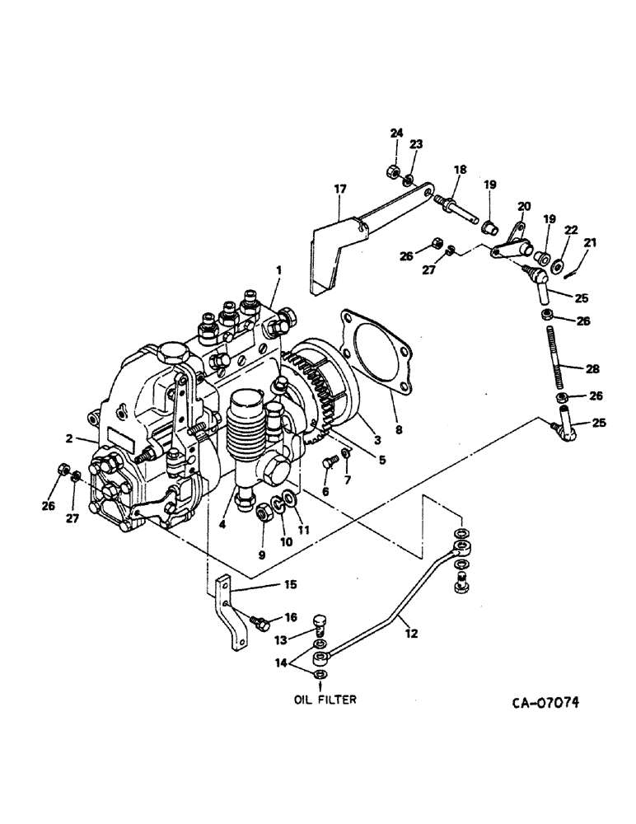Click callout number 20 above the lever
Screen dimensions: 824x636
[x=523, y=206]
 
